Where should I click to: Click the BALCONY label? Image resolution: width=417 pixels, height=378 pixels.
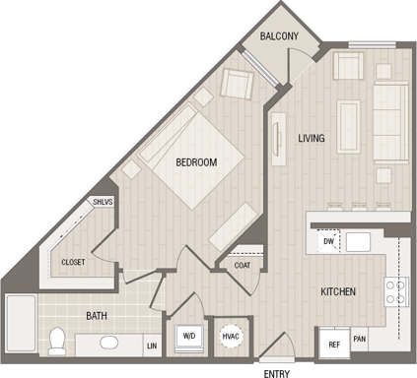pyautogui.click(x=280, y=36)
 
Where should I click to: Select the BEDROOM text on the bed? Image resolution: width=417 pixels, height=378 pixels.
pyautogui.click(x=196, y=161)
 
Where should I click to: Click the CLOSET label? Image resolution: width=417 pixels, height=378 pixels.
pyautogui.click(x=73, y=262)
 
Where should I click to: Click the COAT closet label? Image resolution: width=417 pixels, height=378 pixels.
pyautogui.click(x=243, y=264)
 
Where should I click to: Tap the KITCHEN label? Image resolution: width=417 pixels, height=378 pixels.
pyautogui.click(x=337, y=292)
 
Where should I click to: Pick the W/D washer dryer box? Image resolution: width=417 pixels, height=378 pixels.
pyautogui.click(x=187, y=337)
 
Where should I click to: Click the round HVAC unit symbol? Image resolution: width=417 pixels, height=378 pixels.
pyautogui.click(x=231, y=337)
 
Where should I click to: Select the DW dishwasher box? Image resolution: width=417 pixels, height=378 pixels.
pyautogui.click(x=326, y=239)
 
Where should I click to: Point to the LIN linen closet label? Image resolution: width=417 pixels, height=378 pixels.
pyautogui.click(x=152, y=346)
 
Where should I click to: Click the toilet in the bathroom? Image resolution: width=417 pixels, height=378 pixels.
pyautogui.click(x=58, y=341)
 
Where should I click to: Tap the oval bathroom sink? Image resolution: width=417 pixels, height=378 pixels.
pyautogui.click(x=107, y=343)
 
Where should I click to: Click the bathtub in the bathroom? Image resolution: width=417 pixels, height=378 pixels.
pyautogui.click(x=19, y=325)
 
